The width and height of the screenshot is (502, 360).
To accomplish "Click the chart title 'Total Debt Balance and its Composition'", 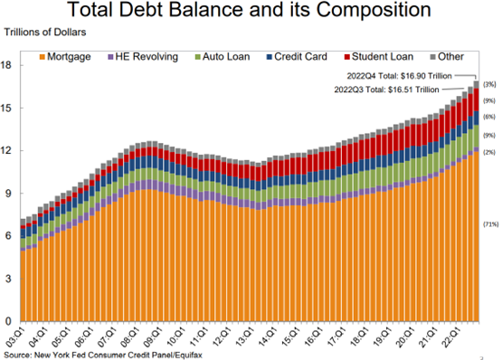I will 251,12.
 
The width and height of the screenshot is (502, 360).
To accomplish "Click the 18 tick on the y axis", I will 8,65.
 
